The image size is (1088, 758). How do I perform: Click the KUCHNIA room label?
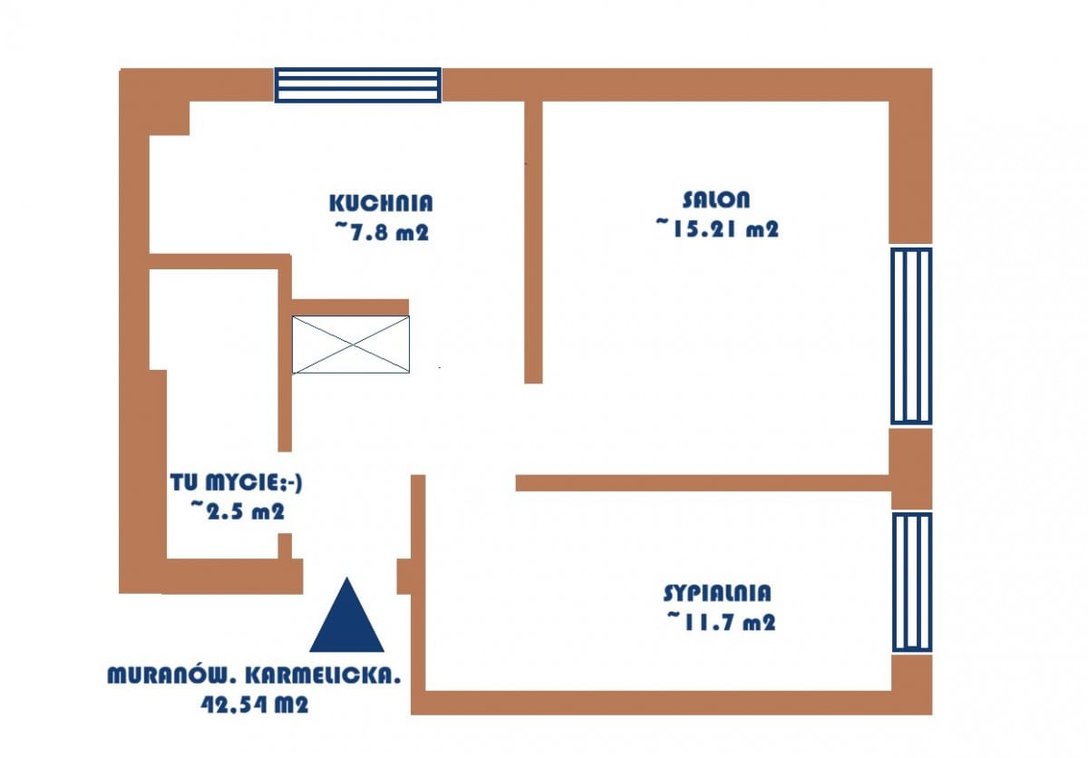pos(381,203)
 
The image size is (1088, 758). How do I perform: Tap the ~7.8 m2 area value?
pos(381,232)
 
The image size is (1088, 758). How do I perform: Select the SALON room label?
pos(716,200)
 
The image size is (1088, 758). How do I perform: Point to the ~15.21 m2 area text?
pos(717,228)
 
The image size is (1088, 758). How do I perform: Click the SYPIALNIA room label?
pos(717,593)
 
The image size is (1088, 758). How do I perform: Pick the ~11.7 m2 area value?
pos(721,622)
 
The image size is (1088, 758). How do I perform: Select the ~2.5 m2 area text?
pos(237,510)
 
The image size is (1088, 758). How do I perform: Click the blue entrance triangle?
pos(346,615)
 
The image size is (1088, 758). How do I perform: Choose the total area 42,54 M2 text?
pos(255,705)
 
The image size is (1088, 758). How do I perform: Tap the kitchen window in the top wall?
pos(358,85)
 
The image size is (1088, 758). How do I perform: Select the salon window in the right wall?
pos(911,335)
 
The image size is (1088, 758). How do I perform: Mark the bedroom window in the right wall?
pos(912,582)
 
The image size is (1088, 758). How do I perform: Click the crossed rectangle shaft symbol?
pos(351,345)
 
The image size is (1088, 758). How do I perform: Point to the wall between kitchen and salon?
pos(533,242)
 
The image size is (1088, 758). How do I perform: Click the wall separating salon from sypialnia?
pos(703,483)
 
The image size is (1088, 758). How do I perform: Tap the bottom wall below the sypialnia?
pos(672,703)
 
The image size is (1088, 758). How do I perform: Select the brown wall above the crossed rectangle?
pos(350,307)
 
